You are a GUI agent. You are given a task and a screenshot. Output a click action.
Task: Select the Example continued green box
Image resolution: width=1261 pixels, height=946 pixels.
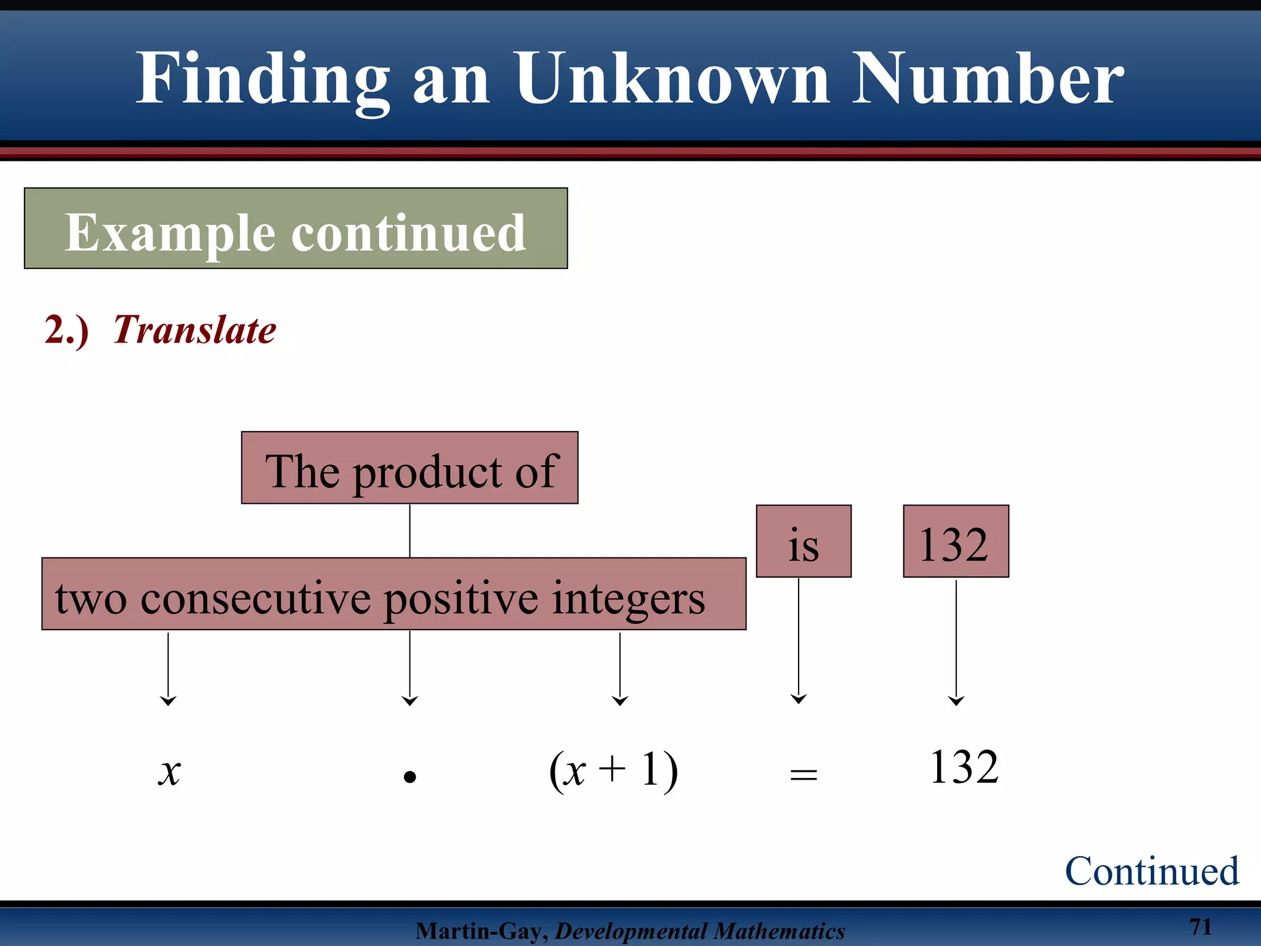coord(296,228)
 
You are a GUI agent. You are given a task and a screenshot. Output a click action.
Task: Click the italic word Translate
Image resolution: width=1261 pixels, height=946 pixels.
coord(195,329)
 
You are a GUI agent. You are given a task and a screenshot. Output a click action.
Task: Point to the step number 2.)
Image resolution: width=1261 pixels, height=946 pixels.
coord(66,329)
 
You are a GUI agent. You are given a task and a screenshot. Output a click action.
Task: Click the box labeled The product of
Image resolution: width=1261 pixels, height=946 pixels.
coord(409,468)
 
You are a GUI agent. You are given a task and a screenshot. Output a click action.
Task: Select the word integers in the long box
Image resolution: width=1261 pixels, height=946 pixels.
coord(628,597)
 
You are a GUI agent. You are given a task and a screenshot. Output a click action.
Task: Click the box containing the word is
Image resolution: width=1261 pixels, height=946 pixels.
coord(804,541)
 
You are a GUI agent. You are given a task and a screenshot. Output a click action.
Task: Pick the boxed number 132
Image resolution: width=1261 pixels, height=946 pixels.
coord(956,541)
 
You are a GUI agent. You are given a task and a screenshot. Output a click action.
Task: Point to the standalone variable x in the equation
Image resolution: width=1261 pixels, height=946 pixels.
coord(169,771)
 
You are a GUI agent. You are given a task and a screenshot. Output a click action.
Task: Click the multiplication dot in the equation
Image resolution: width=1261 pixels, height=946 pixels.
coord(410,777)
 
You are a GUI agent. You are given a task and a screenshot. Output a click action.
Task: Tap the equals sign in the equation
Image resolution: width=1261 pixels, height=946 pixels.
coord(804,775)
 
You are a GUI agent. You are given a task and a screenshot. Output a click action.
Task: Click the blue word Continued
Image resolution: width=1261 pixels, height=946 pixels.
coord(1151,871)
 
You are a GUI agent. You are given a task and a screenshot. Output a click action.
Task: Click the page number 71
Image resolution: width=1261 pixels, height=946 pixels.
coord(1200,926)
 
